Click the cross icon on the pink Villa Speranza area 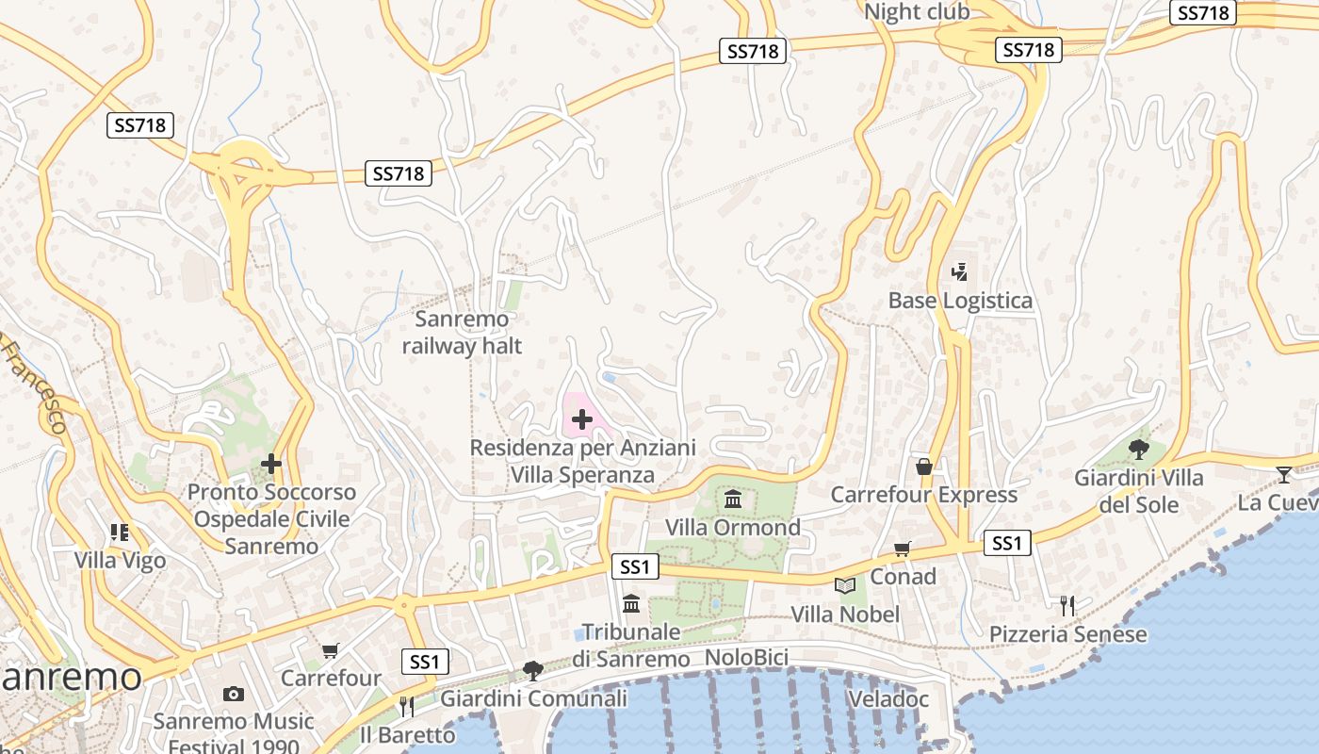[x=581, y=418]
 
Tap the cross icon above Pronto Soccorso [x=271, y=464]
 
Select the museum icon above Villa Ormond [x=733, y=499]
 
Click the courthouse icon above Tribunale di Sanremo [x=631, y=603]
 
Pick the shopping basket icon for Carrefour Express [x=924, y=467]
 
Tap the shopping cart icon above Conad [x=903, y=549]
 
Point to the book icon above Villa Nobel [x=845, y=586]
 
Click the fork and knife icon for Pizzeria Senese [x=1067, y=606]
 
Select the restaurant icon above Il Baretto [x=407, y=706]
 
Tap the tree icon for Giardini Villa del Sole [x=1138, y=449]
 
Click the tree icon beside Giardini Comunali [x=532, y=671]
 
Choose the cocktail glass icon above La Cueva [x=1283, y=474]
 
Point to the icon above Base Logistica [x=960, y=272]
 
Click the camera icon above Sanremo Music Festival [x=234, y=695]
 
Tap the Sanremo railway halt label [x=462, y=333]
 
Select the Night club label [x=916, y=11]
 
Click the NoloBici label [x=746, y=657]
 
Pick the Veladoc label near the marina [x=888, y=699]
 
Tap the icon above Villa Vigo [x=120, y=533]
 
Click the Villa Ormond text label [x=733, y=527]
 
